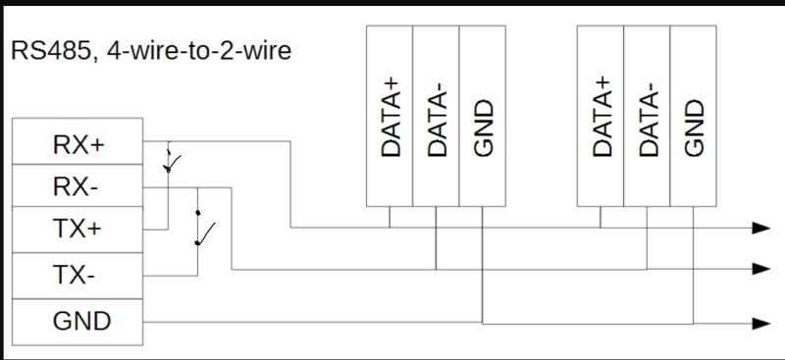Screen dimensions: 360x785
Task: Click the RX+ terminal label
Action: pos(78,144)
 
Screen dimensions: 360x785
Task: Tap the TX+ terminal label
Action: pos(78,231)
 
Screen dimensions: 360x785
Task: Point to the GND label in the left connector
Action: pos(81,320)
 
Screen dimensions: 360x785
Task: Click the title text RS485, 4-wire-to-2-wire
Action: pos(151,50)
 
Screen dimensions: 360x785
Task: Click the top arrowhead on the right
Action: pos(759,228)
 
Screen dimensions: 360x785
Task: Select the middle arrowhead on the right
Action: pos(759,269)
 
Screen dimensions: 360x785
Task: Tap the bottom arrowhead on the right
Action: pos(759,323)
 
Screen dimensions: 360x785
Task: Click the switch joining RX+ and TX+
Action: pos(170,161)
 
